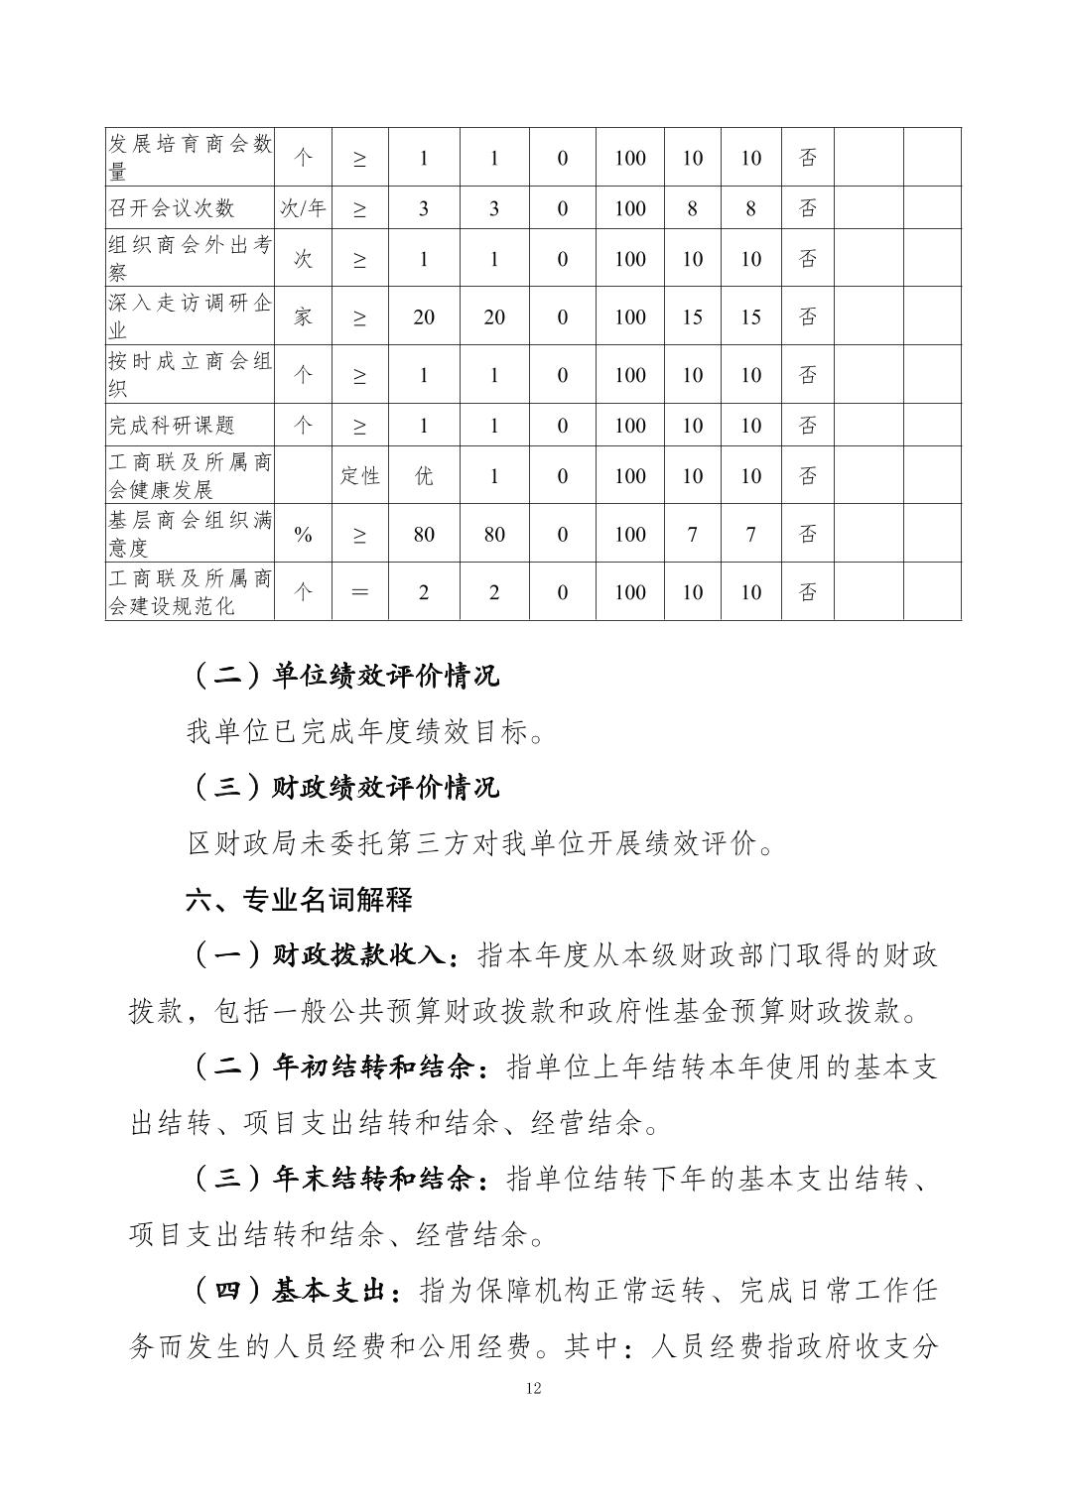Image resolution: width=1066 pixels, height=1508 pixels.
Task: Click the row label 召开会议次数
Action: point(172,207)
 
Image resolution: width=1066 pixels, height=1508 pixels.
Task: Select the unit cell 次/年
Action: point(303,207)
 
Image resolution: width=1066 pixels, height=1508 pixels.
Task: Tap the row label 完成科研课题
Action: point(172,425)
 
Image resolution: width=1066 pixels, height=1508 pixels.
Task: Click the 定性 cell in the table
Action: point(359,475)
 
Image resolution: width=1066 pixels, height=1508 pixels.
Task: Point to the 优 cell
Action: point(424,475)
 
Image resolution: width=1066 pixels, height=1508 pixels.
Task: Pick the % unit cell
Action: point(303,534)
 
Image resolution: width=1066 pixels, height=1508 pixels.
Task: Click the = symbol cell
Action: point(359,592)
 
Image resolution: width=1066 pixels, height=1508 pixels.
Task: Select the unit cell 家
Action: point(303,316)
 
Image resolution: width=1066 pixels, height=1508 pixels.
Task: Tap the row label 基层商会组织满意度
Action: point(190,533)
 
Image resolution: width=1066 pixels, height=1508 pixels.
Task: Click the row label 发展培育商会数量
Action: point(190,157)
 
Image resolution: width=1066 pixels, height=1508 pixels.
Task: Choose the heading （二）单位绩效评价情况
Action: point(343,676)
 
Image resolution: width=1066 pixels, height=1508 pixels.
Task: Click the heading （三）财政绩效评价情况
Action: point(343,788)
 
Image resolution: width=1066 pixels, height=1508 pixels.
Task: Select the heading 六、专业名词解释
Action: point(299,900)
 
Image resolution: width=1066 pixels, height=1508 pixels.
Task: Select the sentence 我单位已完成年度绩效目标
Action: point(365,732)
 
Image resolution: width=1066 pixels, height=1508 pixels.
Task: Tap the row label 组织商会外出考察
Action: point(190,258)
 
